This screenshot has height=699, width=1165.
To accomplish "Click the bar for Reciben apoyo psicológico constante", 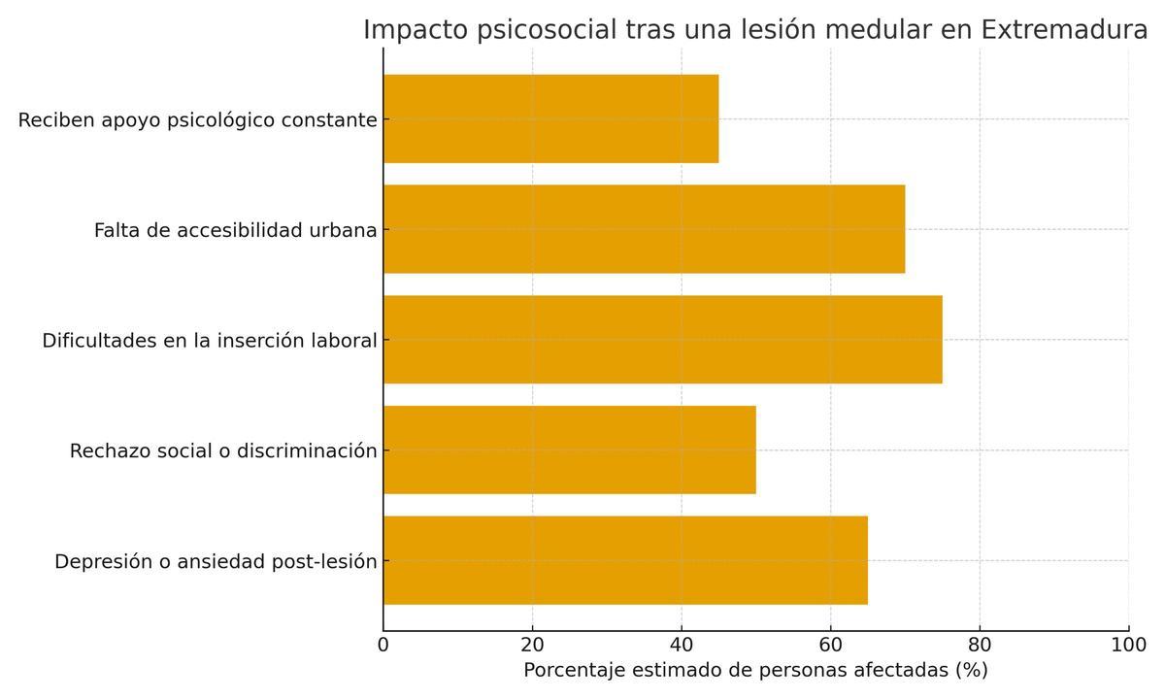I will [x=550, y=118].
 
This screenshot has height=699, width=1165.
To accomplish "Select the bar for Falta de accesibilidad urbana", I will [x=644, y=229].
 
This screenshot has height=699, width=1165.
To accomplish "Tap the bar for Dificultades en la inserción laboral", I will [x=662, y=340].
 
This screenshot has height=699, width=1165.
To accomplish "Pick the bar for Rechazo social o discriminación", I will [x=569, y=449].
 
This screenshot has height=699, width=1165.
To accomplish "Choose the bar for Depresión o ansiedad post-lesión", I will [x=625, y=560].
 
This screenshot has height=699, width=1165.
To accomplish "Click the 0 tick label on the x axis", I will [x=383, y=645].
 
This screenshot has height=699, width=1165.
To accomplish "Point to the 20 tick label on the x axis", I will [x=532, y=645].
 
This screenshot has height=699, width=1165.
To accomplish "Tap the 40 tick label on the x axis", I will [x=682, y=645].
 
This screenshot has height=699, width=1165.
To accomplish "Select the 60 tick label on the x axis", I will [x=830, y=645].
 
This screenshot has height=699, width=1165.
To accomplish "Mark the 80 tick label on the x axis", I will [x=980, y=645].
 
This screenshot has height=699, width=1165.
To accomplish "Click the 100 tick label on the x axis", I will [x=1128, y=645].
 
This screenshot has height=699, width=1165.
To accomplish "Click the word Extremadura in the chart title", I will [x=1064, y=30].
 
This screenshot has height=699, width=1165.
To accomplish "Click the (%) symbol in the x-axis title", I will [x=971, y=671].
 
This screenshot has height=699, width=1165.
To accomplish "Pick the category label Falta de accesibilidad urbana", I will [x=235, y=231].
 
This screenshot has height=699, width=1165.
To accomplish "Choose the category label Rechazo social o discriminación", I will [x=223, y=451].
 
